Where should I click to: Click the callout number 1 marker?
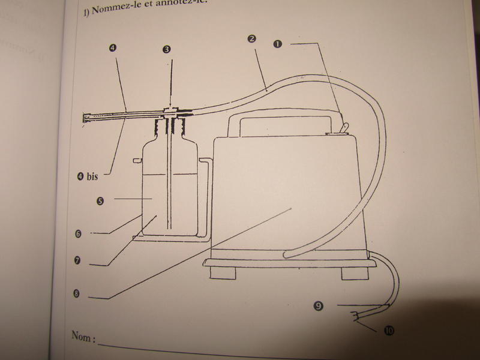(277, 44)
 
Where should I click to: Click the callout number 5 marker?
(100, 201)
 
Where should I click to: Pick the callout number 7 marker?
(79, 262)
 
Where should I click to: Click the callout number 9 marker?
(319, 307)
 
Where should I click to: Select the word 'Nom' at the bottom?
(83, 337)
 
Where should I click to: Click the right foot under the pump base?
(352, 273)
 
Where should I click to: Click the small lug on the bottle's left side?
(137, 160)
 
